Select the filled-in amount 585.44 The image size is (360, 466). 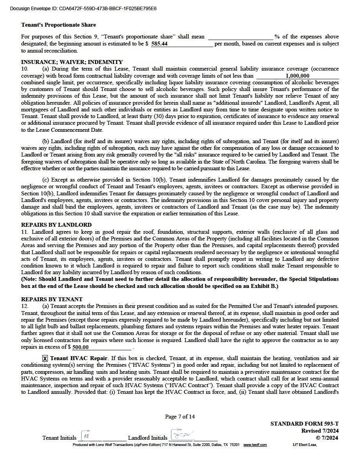[160, 44]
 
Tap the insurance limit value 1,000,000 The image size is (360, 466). [297, 76]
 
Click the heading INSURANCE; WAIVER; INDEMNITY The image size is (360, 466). [72, 62]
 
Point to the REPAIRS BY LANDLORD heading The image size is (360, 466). [56, 225]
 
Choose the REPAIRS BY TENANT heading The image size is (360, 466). [52, 299]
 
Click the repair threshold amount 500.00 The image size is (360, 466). [81, 347]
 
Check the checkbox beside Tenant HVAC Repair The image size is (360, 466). [45, 358]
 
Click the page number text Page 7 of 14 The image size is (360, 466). [180, 417]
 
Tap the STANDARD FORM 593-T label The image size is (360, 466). [304, 424]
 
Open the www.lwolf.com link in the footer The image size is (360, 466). [255, 445]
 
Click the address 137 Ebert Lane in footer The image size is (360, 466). [304, 445]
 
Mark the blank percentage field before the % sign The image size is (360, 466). [240, 36]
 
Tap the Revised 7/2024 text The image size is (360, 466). [320, 431]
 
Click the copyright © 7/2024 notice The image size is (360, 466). [327, 437]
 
